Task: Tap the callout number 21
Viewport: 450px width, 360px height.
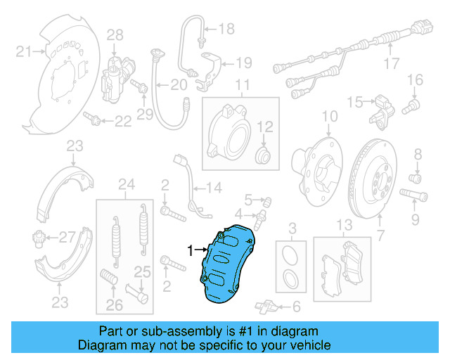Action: [x=24, y=51]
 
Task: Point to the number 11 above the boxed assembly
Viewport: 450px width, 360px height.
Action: [x=242, y=87]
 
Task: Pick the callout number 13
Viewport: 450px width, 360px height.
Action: [x=343, y=225]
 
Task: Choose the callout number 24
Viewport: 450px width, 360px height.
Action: [x=126, y=186]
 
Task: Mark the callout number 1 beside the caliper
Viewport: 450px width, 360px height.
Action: [x=189, y=250]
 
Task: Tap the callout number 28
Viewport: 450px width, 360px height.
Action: [x=115, y=35]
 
